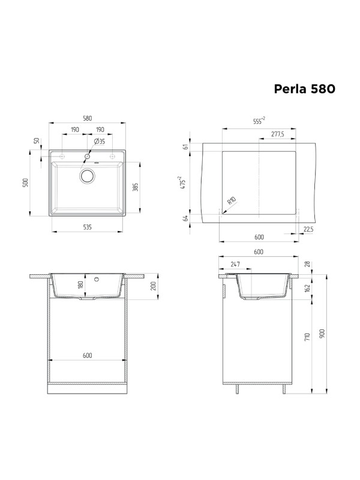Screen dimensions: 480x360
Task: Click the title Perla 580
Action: (x=304, y=89)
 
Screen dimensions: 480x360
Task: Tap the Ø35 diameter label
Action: (x=99, y=142)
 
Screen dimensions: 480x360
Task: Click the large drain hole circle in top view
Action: (x=88, y=176)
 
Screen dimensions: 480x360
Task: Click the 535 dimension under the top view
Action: (x=88, y=227)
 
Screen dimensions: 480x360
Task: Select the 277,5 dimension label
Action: (x=277, y=134)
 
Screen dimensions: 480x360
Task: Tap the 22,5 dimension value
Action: (x=308, y=228)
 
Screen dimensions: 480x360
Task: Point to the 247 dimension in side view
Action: (x=235, y=264)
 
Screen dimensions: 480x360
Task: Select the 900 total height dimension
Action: (x=322, y=334)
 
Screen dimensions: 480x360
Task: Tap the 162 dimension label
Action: (x=308, y=287)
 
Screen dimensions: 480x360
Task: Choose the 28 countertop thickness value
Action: (x=308, y=263)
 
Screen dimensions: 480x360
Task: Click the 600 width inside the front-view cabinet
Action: (x=88, y=355)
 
